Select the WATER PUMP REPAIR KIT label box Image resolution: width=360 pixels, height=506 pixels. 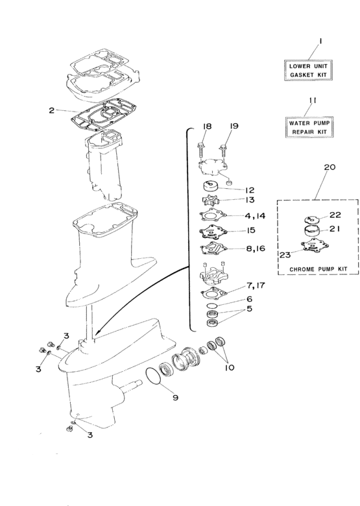pos(309,126)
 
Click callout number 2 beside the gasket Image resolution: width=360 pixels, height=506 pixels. pos(51,110)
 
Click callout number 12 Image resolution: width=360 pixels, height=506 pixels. pos(249,190)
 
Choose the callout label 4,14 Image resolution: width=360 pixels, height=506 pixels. pos(254,215)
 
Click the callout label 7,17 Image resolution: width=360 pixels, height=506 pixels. pos(254,286)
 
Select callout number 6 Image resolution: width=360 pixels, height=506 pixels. pos(248,299)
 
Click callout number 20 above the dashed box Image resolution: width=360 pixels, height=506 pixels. pos(329,167)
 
